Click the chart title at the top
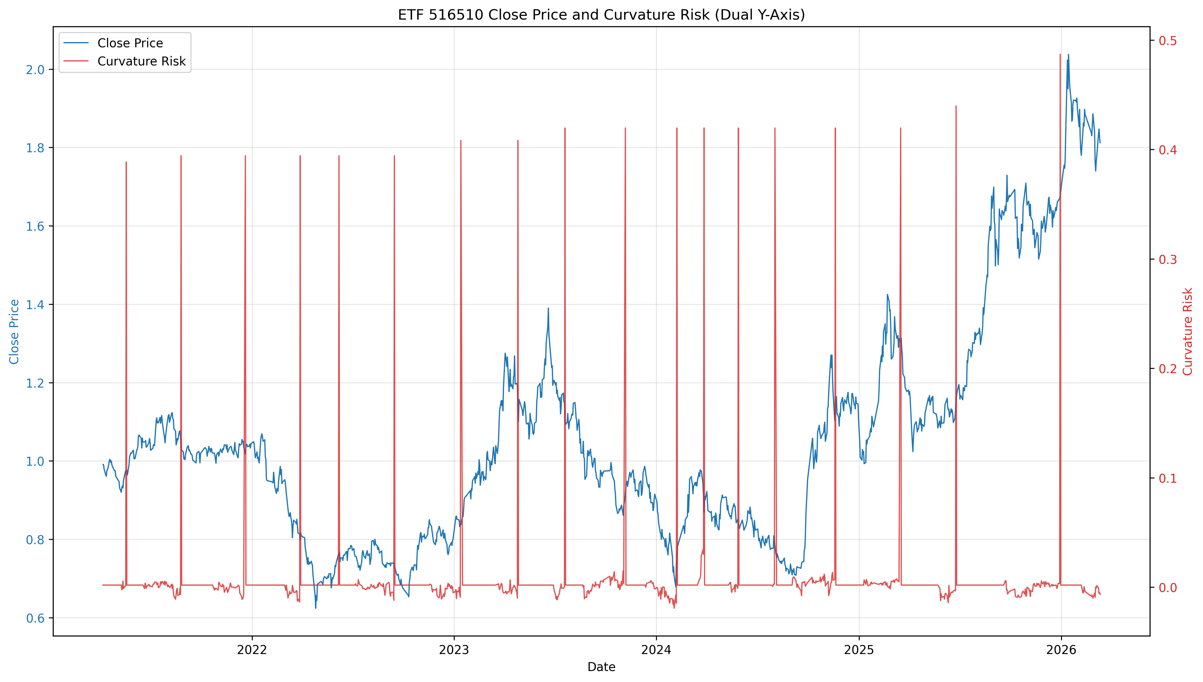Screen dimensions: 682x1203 point(601,15)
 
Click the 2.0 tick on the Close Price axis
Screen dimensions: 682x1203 point(35,70)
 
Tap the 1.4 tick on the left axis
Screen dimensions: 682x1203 point(35,305)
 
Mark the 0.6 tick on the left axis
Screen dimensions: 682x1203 point(35,618)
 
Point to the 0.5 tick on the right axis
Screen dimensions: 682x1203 point(1168,41)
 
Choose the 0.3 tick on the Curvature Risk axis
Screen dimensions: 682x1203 point(1168,260)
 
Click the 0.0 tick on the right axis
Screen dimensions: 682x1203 point(1168,588)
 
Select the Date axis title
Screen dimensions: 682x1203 point(601,667)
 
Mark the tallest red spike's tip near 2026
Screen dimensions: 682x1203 point(1060,54)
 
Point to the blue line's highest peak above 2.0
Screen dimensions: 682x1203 point(1069,54)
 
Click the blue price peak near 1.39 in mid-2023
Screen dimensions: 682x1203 point(548,308)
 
